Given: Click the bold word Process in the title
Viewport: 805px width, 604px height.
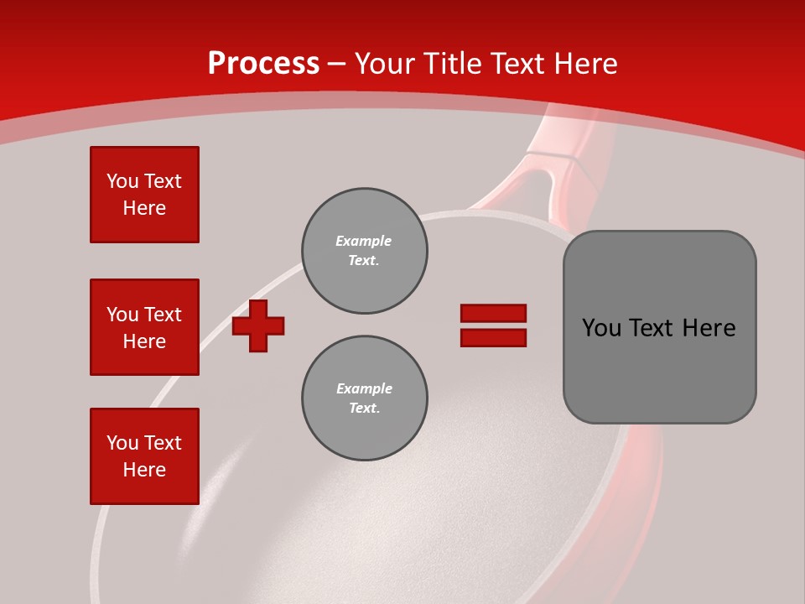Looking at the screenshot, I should pos(263,64).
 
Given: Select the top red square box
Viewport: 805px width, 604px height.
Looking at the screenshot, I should pos(144,195).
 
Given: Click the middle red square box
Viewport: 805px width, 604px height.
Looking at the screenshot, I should pos(144,327).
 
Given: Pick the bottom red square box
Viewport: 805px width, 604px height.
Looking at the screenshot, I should pos(144,456).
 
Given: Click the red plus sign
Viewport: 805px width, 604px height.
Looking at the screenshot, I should pos(258,325).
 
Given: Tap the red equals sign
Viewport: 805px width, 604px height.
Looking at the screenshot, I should pos(493,325).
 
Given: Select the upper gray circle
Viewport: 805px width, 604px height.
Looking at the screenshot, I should pos(365,251).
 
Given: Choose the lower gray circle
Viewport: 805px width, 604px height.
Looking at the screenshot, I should pos(365,398).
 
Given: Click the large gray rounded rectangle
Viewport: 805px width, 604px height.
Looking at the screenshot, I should pos(659,327).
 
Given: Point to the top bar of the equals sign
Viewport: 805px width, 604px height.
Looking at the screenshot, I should pos(493,314).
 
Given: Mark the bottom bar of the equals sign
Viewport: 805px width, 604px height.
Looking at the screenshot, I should pos(493,338).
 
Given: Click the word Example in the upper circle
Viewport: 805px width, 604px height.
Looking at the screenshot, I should pos(364,241).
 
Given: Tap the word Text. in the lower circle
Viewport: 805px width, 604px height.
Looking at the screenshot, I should pos(365,408).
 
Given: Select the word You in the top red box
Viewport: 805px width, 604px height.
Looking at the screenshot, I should pos(122,181).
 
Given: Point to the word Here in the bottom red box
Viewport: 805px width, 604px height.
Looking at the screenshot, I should pos(144,470).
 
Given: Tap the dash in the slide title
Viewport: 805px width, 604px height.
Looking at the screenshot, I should pos(337,65).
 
